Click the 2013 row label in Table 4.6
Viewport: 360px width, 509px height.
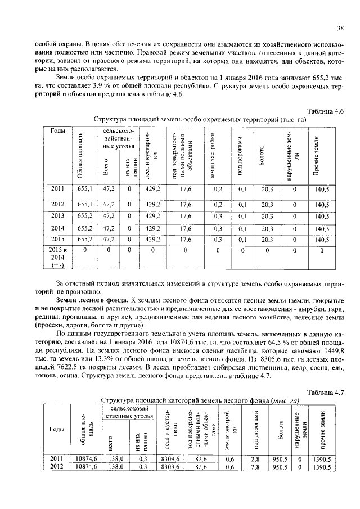tap(58, 216)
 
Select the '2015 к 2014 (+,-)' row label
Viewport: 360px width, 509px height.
tap(58, 256)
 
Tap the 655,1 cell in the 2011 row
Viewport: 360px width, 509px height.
tap(84, 190)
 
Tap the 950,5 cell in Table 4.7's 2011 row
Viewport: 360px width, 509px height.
tap(280, 459)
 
